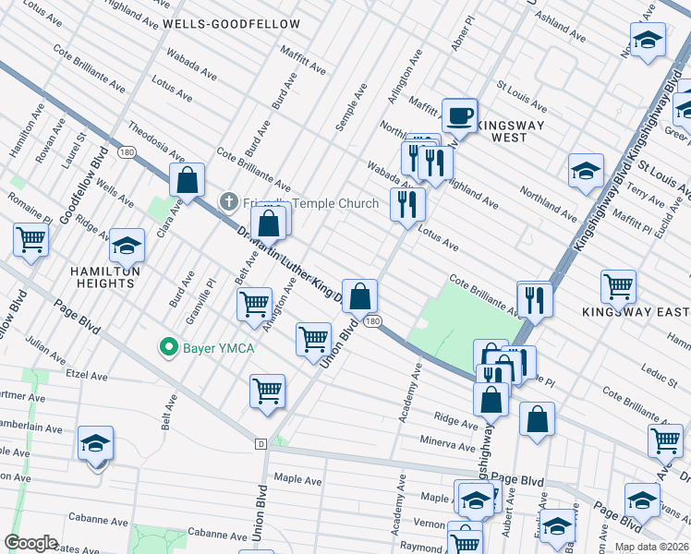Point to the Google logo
click(x=30, y=543)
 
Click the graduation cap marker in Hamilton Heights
click(x=127, y=247)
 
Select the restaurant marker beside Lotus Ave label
click(x=406, y=203)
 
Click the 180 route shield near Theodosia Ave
click(x=127, y=151)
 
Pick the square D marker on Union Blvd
click(x=261, y=444)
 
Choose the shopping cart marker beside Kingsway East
click(x=617, y=286)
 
